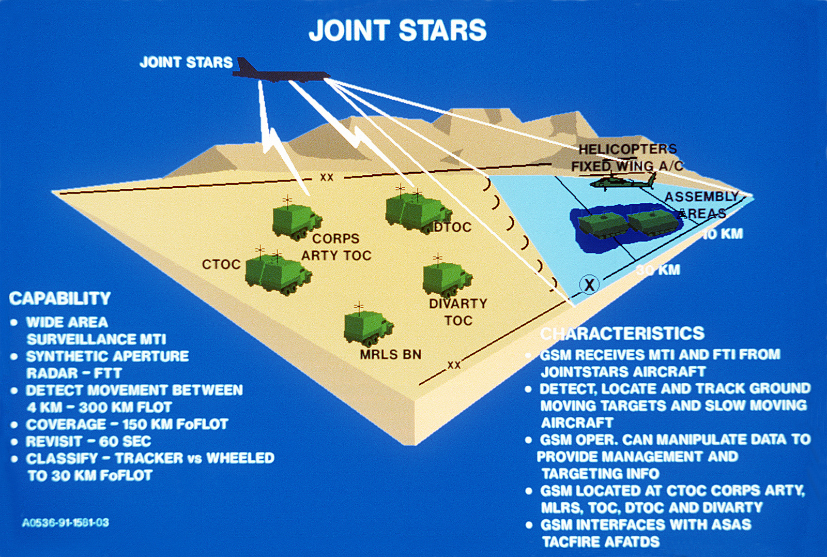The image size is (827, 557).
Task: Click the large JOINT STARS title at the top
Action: (x=397, y=31)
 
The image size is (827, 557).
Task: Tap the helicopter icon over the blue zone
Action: (x=623, y=182)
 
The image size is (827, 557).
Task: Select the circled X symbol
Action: (x=589, y=284)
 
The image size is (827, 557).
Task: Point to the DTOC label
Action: (x=452, y=227)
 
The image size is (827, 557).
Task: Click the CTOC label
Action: (x=221, y=264)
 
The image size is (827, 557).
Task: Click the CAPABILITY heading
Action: (x=60, y=298)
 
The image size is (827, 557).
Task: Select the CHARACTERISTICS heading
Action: (x=622, y=334)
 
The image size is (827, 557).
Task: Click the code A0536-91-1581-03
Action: (x=66, y=523)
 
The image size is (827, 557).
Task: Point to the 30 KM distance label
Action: (x=658, y=270)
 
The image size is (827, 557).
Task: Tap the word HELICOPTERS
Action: (x=627, y=149)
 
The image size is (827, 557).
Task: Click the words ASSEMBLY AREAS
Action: (x=701, y=205)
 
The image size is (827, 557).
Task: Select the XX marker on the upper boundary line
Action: (x=327, y=177)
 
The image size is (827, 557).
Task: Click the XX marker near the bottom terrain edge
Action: (x=454, y=365)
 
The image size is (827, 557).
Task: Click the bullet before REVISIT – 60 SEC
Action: (x=14, y=442)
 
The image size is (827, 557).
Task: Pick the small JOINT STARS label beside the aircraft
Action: (x=186, y=63)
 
